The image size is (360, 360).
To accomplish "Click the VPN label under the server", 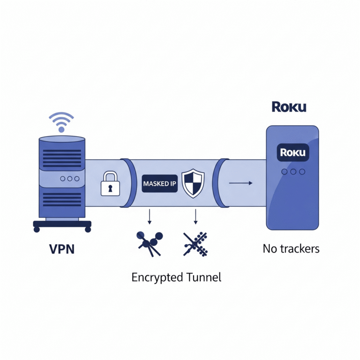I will coord(62,249).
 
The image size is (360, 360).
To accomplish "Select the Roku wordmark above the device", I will coord(289,107).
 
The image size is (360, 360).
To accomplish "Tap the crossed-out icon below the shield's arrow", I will coord(194,243).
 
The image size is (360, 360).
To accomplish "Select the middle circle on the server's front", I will coord(70,179).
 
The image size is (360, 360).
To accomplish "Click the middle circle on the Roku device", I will coord(293,172).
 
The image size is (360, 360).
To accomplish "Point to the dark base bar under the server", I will coord(62,225).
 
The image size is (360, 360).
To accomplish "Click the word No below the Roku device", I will coord(269,248).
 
